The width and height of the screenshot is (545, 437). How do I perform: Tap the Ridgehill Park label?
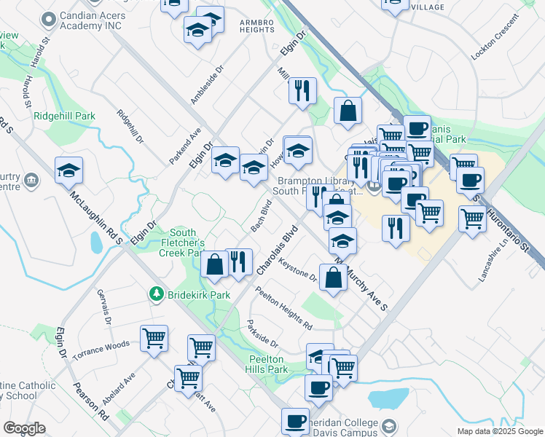[x=64, y=116]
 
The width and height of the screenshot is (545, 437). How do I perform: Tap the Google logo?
[x=24, y=428]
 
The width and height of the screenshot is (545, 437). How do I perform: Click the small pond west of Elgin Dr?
[x=96, y=243]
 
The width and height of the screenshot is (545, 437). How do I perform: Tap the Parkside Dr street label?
[x=262, y=334]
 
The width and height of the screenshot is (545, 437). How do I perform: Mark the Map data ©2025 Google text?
[x=499, y=431]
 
